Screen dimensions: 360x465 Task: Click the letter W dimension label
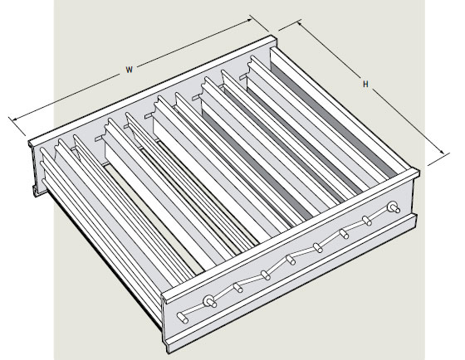130,70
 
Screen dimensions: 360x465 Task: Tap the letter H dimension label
365,84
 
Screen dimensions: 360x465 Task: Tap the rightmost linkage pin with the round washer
393,206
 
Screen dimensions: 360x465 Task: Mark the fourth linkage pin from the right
317,246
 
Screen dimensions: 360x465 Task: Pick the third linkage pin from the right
342,233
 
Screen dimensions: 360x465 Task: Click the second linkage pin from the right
366,220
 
